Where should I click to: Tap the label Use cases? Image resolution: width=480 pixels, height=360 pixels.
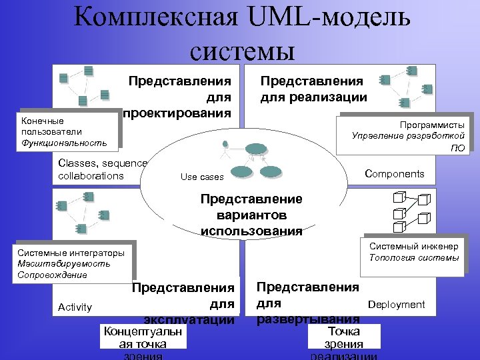pyautogui.click(x=202, y=177)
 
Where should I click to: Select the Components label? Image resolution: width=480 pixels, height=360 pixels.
pyautogui.click(x=395, y=174)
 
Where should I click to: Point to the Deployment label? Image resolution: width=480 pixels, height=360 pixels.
pyautogui.click(x=396, y=305)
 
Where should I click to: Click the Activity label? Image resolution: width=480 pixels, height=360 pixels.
pyautogui.click(x=75, y=307)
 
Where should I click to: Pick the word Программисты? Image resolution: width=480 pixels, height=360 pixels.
pyautogui.click(x=432, y=125)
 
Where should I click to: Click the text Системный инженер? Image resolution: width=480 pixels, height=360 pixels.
pyautogui.click(x=413, y=247)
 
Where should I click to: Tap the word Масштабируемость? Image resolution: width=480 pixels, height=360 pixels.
pyautogui.click(x=64, y=264)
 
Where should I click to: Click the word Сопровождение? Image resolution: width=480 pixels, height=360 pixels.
pyautogui.click(x=53, y=275)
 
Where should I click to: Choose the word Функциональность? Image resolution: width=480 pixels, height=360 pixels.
pyautogui.click(x=64, y=142)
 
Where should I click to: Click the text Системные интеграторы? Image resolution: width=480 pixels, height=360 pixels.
pyautogui.click(x=71, y=253)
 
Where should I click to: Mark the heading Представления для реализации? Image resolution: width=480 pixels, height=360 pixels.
pyautogui.click(x=313, y=89)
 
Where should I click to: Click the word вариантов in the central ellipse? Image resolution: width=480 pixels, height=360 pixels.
pyautogui.click(x=251, y=215)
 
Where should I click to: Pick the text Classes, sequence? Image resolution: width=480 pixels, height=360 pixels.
pyautogui.click(x=102, y=163)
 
